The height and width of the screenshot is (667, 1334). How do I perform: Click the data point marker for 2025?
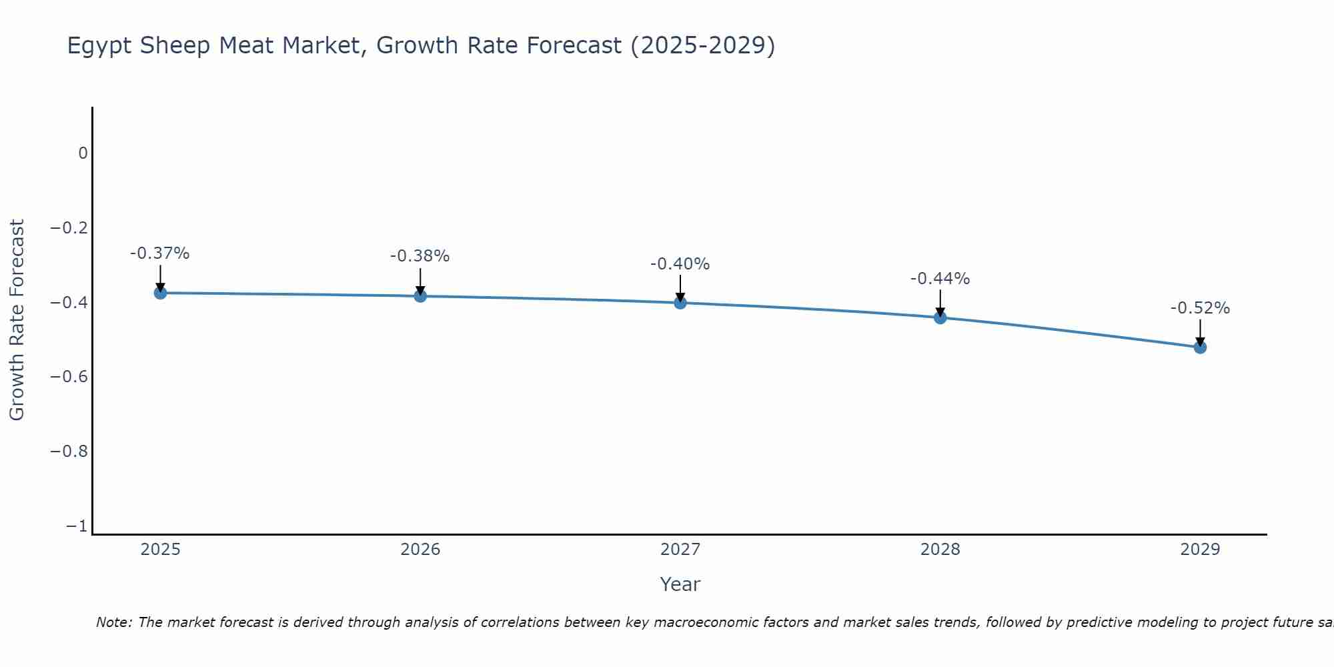[160, 293]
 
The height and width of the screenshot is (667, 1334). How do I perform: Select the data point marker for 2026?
[420, 295]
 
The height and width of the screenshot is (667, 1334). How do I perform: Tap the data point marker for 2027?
[680, 303]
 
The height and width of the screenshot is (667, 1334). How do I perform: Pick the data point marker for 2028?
[940, 317]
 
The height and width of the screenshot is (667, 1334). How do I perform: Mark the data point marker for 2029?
[1200, 347]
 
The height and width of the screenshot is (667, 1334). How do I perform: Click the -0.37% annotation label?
[160, 253]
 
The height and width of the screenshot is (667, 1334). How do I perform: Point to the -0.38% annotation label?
[420, 256]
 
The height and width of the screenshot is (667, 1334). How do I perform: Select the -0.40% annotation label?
[680, 264]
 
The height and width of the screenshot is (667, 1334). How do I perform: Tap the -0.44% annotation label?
[940, 279]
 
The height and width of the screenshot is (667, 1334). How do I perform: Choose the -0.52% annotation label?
[1200, 308]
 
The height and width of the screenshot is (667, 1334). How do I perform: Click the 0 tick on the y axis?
[83, 153]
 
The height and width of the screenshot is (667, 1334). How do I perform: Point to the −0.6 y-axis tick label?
[69, 377]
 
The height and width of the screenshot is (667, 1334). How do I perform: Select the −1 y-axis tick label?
[77, 526]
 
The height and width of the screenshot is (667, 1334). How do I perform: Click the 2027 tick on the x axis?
[680, 550]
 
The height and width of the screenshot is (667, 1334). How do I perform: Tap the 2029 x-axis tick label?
[1200, 550]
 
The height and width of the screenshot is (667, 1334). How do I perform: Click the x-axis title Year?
[680, 584]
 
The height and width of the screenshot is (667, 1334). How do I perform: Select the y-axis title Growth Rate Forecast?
[17, 320]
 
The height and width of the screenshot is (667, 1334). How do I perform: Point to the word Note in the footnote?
[113, 622]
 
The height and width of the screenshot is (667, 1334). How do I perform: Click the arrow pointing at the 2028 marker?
[940, 303]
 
